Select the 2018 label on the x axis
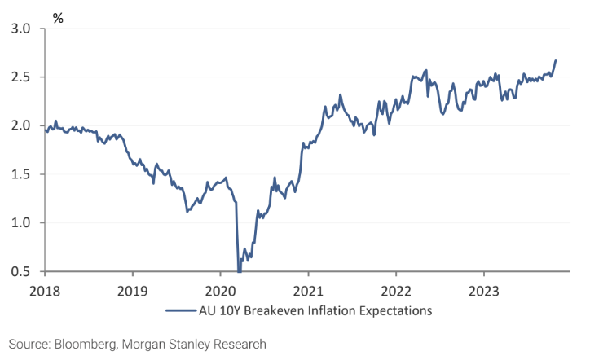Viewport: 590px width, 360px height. tap(45, 289)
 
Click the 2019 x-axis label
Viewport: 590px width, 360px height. tap(132, 289)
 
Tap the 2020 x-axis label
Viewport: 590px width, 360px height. tap(220, 289)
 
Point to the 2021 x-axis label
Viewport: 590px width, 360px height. tap(307, 289)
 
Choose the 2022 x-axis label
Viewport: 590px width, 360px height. tap(395, 289)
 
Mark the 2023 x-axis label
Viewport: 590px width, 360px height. tap(482, 289)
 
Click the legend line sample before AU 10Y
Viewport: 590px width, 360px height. tap(180, 310)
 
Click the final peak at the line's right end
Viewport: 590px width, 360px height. tap(556, 60)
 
